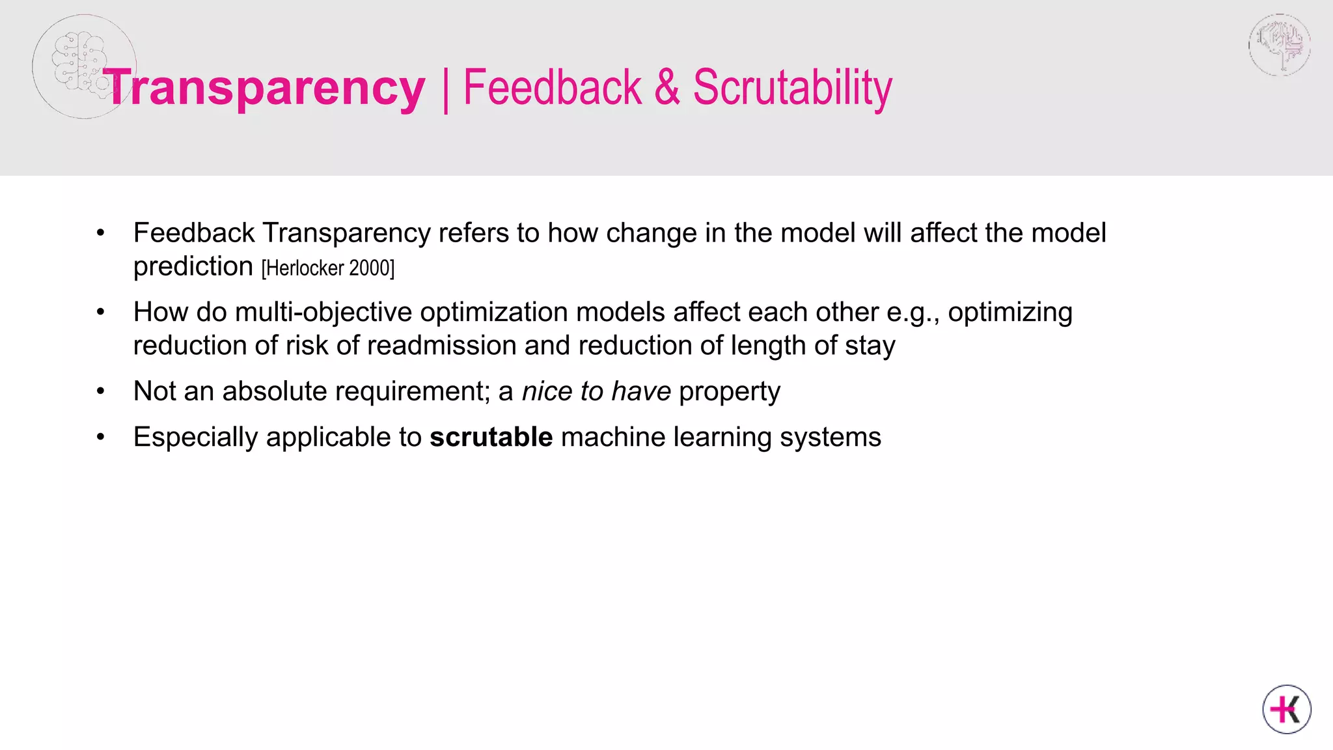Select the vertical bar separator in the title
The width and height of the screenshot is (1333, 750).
click(445, 90)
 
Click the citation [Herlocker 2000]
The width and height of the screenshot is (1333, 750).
click(328, 268)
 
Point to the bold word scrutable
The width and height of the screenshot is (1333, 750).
click(491, 437)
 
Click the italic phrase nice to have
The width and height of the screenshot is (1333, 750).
click(596, 391)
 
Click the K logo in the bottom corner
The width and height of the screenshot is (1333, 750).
click(1286, 709)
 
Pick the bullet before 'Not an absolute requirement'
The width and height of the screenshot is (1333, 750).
click(100, 391)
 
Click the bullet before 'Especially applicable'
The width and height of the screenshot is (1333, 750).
click(100, 437)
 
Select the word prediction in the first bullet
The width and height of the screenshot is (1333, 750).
click(193, 266)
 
